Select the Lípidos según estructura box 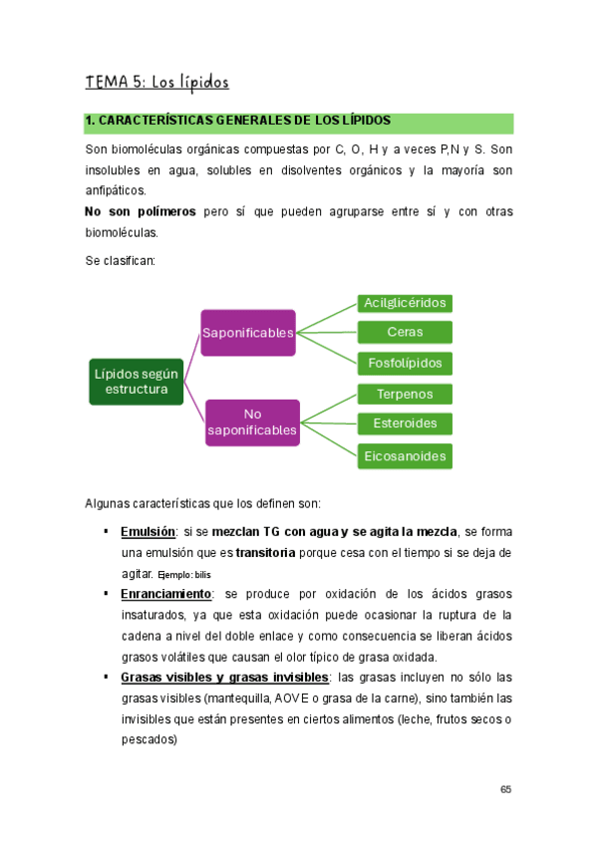click(x=137, y=381)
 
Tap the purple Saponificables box click(x=248, y=332)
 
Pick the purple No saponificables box click(x=252, y=422)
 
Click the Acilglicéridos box click(x=405, y=303)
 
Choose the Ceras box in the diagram click(x=405, y=332)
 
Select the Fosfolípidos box click(x=405, y=363)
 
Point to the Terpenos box click(x=405, y=395)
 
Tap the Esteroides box click(x=405, y=423)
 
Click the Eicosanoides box click(x=405, y=455)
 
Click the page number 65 click(x=506, y=789)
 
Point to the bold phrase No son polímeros click(x=140, y=211)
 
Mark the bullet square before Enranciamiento click(x=106, y=593)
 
